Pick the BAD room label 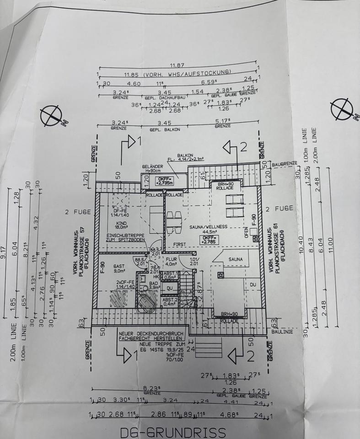click(154, 283)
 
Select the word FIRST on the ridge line click(179, 245)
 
